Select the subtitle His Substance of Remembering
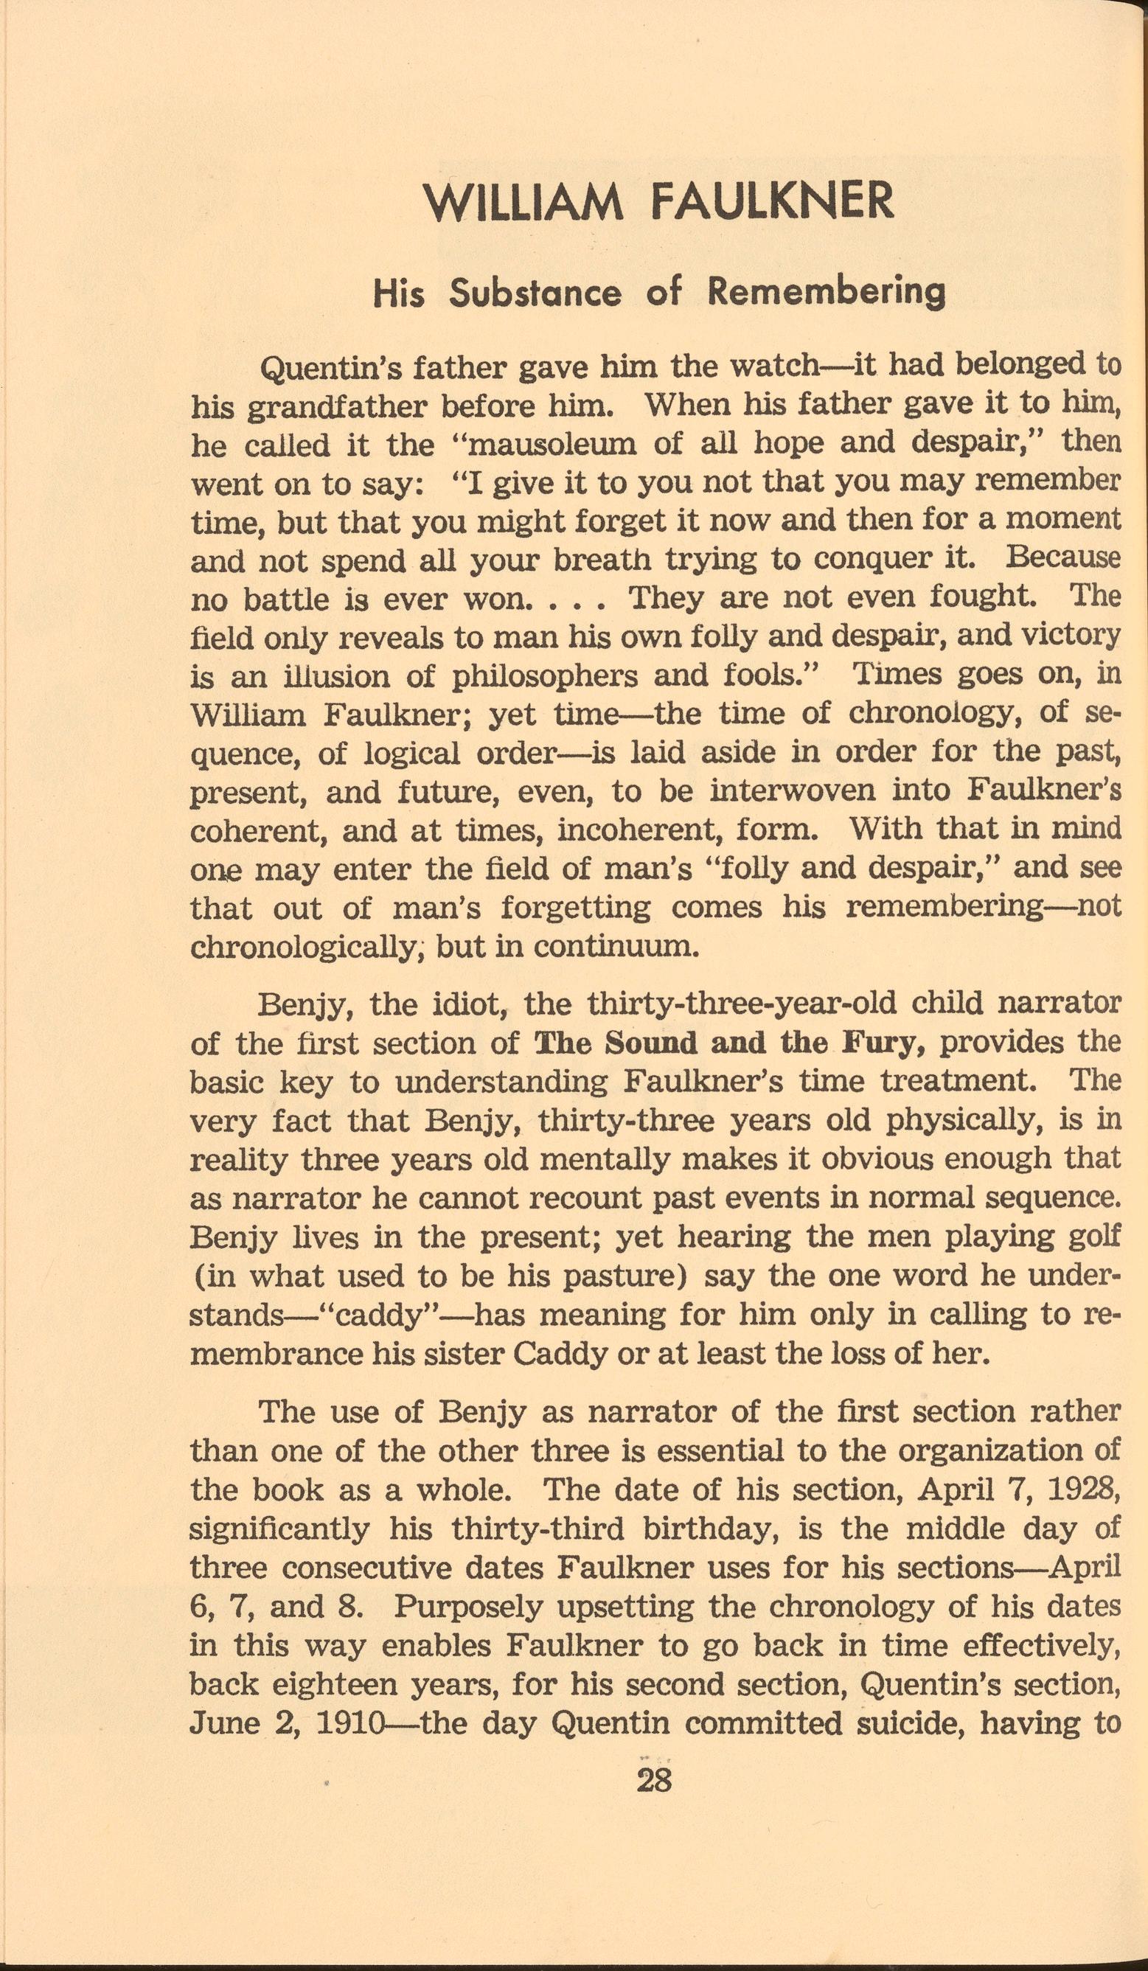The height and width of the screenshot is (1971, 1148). (660, 293)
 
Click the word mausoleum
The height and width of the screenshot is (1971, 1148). (545, 444)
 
